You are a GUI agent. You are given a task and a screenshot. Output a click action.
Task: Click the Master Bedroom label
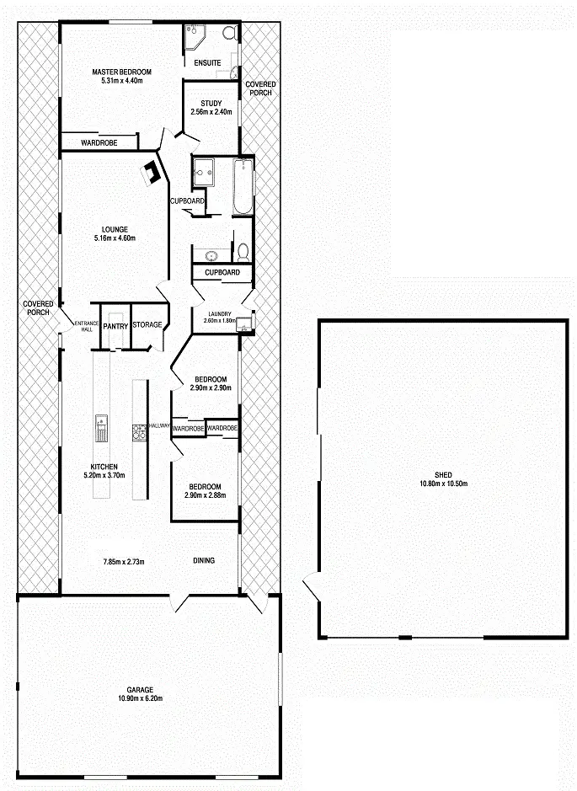click(122, 72)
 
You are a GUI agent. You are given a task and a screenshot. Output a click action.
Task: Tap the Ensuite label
click(207, 63)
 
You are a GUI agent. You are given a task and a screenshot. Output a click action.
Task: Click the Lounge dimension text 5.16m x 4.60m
click(115, 238)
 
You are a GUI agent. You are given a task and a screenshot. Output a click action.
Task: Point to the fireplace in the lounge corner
click(152, 174)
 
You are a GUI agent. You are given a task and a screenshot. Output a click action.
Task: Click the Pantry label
click(115, 325)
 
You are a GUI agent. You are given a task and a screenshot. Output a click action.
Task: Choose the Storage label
click(147, 324)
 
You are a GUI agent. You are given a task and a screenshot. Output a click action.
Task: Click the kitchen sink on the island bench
click(101, 427)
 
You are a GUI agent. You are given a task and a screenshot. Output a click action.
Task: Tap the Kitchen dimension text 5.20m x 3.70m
click(104, 476)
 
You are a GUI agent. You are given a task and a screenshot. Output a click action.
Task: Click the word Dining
click(203, 561)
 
